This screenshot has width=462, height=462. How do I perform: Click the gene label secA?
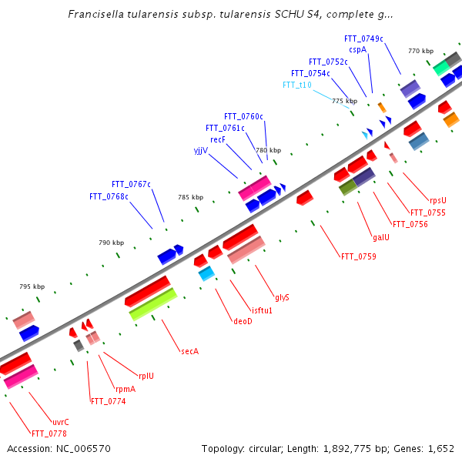pyautogui.click(x=189, y=351)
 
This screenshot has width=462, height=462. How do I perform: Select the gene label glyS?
pyautogui.click(x=282, y=297)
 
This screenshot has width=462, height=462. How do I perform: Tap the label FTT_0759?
pyautogui.click(x=358, y=256)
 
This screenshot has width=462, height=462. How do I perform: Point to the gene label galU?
pyautogui.click(x=380, y=237)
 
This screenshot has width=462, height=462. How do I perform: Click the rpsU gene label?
pyautogui.click(x=437, y=200)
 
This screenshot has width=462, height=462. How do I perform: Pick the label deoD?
pyautogui.click(x=243, y=321)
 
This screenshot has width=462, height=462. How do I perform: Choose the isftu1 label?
pyautogui.click(x=262, y=310)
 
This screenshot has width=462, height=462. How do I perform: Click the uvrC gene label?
pyautogui.click(x=61, y=421)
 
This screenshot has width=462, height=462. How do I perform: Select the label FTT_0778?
pyautogui.click(x=49, y=433)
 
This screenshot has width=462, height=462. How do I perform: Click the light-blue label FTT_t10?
pyautogui.click(x=296, y=85)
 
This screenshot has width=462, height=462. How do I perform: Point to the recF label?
pyautogui.click(x=217, y=139)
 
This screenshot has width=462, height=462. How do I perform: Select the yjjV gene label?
pyautogui.click(x=200, y=150)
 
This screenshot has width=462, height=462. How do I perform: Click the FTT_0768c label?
pyautogui.click(x=109, y=196)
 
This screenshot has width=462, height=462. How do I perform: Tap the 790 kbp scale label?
pyautogui.click(x=111, y=243)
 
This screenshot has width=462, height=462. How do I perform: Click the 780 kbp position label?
pyautogui.click(x=268, y=150)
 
